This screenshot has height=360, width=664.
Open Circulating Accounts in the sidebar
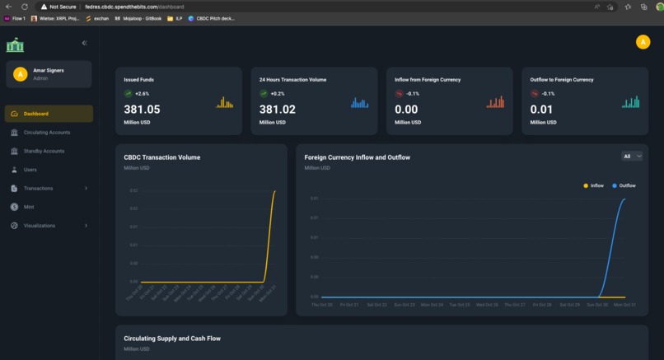(x=46, y=133)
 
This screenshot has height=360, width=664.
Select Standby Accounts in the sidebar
(x=44, y=152)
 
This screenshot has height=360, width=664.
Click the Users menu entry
(x=30, y=170)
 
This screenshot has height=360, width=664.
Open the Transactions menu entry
(x=38, y=189)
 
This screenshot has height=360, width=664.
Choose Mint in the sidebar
(x=29, y=207)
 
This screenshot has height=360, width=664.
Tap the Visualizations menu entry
(x=40, y=226)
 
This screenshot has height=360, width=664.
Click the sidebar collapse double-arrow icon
(x=84, y=43)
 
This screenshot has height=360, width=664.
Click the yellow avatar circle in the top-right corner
(x=643, y=43)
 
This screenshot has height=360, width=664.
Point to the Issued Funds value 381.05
(x=142, y=110)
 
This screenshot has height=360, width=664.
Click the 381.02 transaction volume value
(x=277, y=110)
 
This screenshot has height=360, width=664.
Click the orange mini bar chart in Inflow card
(x=495, y=102)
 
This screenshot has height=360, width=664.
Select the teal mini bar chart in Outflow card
(x=630, y=102)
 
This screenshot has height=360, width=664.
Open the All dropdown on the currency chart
(x=632, y=157)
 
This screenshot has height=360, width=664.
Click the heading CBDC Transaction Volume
(x=161, y=157)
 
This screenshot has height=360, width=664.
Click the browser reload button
(x=25, y=7)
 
